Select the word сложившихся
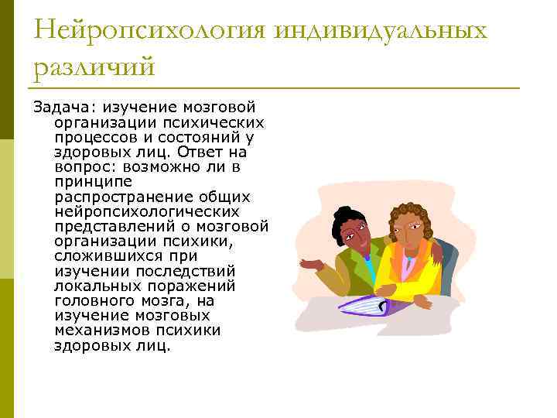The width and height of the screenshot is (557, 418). point(103,256)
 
